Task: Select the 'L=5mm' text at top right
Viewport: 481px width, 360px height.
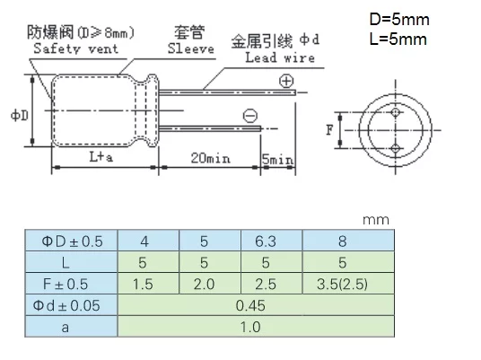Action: [x=395, y=40]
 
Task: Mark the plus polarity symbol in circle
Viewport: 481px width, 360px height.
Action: [x=286, y=82]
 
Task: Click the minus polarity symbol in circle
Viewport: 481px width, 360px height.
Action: [x=250, y=114]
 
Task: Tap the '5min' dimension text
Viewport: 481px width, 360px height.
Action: [x=278, y=159]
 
